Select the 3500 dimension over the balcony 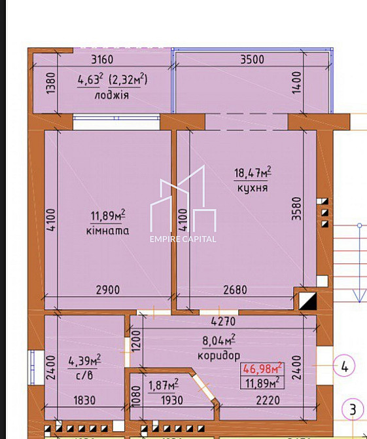point(252,60)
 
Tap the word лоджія point(112,95)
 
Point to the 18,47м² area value point(253,174)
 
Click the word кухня point(253,188)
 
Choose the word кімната point(107,231)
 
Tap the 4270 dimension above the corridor point(222,322)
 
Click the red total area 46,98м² point(262,368)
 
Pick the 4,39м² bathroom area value point(85,361)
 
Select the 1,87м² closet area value point(164,385)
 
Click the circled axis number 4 point(344,366)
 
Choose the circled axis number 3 point(353,411)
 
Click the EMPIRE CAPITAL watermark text point(183,239)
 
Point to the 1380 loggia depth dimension point(51,85)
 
